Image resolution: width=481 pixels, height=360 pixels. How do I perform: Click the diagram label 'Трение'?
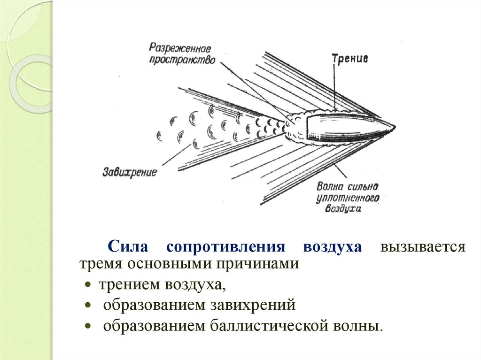click(350, 60)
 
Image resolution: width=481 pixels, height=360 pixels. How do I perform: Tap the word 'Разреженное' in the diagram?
click(180, 48)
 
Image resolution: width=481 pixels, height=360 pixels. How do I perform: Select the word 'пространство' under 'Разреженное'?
click(182, 60)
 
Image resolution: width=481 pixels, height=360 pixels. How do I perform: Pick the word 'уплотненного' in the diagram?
click(348, 198)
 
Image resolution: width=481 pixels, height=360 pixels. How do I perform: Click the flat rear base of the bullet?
click(306, 128)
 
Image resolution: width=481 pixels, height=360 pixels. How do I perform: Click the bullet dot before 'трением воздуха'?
click(88, 285)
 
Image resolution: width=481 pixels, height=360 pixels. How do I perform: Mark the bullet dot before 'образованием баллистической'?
click(88, 325)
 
